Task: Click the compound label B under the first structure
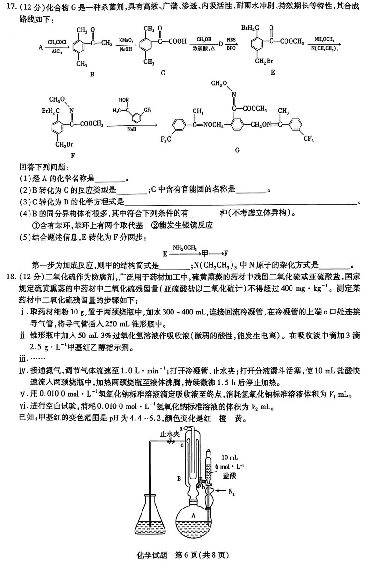[x=92, y=74]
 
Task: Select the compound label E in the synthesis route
[x=272, y=73]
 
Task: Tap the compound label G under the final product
[x=237, y=150]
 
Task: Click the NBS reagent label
[x=231, y=40]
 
